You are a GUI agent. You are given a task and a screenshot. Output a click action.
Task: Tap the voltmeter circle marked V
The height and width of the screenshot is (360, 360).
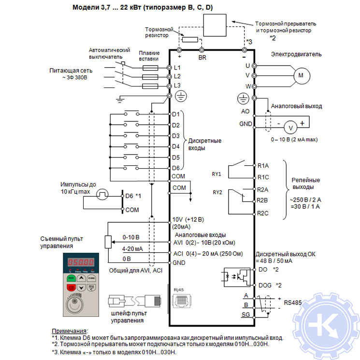pos(290,127)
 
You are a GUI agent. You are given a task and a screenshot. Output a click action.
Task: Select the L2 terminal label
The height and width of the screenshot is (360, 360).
pos(177,76)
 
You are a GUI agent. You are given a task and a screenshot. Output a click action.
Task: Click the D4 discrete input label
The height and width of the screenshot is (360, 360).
pos(176,146)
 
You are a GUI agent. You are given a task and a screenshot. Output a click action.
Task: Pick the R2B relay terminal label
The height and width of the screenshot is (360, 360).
pos(263,200)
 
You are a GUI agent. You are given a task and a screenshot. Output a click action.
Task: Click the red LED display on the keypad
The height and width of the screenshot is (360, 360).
pos(80,262)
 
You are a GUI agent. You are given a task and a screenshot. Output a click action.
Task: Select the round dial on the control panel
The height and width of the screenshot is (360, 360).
pos(80,304)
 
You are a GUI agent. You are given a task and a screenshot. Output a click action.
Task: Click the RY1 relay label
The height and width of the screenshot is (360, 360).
pos(216,174)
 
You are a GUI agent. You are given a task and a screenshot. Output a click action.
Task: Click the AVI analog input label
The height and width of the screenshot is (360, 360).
pos(177,243)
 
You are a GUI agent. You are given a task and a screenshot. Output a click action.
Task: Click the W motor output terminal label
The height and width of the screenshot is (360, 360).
pos(247,86)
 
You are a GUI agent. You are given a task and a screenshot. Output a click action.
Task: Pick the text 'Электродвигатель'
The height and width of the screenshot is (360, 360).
pos(296,55)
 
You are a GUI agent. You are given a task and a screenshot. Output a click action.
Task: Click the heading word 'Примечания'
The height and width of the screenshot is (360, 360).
pos(70,330)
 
